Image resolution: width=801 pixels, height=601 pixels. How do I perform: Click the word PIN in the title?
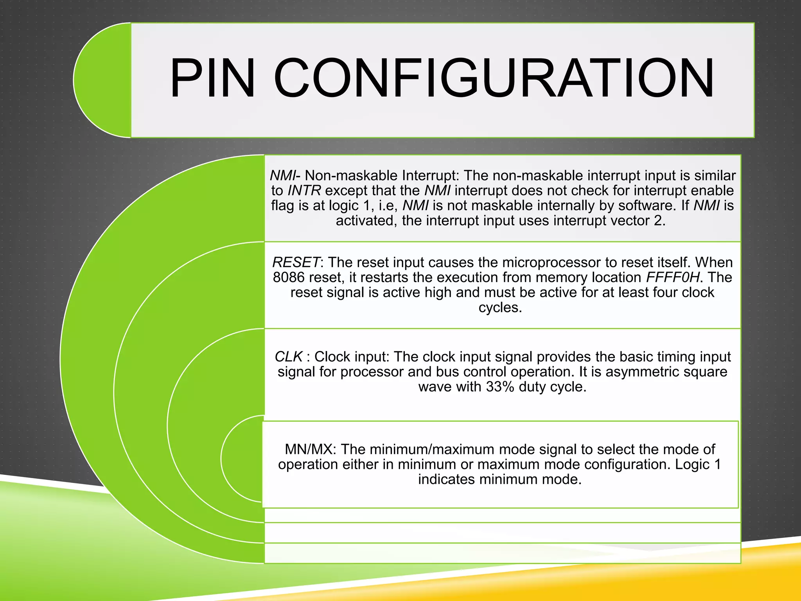213,78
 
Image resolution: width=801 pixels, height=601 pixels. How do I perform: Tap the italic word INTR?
304,191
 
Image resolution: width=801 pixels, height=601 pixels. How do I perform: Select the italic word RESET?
296,262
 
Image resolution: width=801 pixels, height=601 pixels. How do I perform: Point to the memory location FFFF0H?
673,277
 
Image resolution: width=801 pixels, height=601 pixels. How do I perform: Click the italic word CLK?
289,357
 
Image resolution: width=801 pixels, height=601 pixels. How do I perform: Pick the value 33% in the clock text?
500,387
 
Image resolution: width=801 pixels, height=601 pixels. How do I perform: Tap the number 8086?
289,277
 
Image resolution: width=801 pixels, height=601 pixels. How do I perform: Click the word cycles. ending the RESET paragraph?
500,308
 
